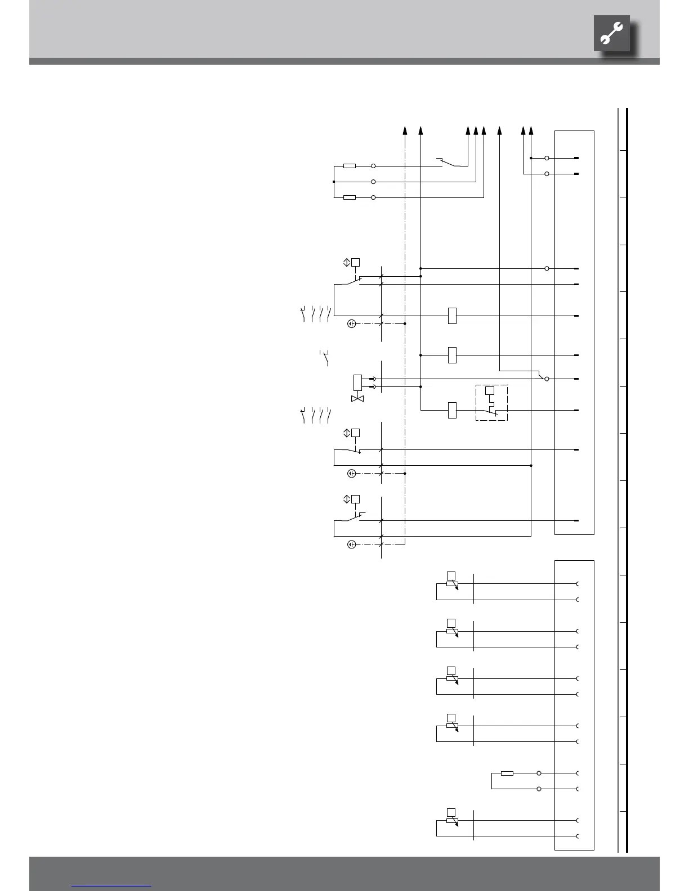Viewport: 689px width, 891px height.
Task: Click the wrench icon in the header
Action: pyautogui.click(x=611, y=34)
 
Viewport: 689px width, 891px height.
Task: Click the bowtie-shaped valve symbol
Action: pyautogui.click(x=357, y=399)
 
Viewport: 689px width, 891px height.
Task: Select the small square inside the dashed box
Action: pyautogui.click(x=490, y=390)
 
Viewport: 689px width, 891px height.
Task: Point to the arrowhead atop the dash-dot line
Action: pyautogui.click(x=405, y=131)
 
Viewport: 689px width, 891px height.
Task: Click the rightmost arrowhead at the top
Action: pyautogui.click(x=531, y=131)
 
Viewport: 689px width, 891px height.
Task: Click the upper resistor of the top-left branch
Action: pyautogui.click(x=350, y=166)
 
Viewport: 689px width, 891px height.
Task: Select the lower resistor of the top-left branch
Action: pyautogui.click(x=350, y=197)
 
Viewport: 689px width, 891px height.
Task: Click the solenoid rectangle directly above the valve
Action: pyautogui.click(x=357, y=382)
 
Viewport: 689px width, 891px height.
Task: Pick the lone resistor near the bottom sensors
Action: pyautogui.click(x=507, y=773)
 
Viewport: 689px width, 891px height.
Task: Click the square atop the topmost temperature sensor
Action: pyautogui.click(x=451, y=575)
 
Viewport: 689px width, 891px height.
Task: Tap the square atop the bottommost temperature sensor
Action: pyautogui.click(x=451, y=812)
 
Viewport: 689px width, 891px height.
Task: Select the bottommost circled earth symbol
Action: pyautogui.click(x=351, y=544)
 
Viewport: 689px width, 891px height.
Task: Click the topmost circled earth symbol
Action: pyautogui.click(x=351, y=323)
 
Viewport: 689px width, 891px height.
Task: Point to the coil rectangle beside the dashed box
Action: pyautogui.click(x=452, y=410)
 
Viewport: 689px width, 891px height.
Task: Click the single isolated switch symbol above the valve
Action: pyautogui.click(x=325, y=358)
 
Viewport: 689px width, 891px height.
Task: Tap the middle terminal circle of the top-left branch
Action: pyautogui.click(x=373, y=182)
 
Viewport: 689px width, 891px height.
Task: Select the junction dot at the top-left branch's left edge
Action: pyautogui.click(x=334, y=182)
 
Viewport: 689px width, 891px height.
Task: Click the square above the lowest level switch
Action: pyautogui.click(x=355, y=499)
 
